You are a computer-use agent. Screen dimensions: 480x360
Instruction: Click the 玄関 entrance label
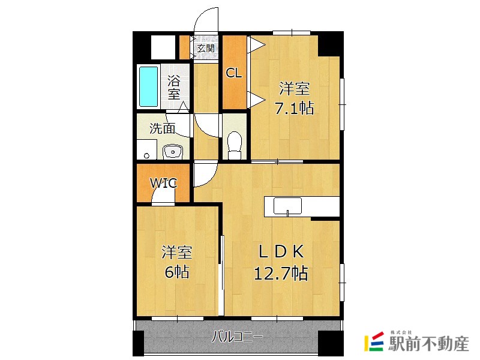coord(206,48)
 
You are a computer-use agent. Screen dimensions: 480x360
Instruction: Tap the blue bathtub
coord(149,86)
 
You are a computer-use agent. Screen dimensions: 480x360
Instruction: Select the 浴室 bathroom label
coord(174,88)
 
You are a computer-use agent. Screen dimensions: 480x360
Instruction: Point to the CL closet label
coord(234,73)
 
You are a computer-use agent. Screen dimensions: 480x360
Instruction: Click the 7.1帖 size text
coord(295,108)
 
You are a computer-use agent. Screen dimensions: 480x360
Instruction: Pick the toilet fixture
coord(235,145)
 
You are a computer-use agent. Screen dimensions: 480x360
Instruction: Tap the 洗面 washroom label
coord(162,128)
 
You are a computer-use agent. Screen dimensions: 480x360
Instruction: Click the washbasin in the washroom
coord(173,152)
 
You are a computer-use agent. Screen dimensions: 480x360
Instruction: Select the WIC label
coord(163,183)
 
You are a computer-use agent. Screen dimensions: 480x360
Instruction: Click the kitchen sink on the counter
coord(287,206)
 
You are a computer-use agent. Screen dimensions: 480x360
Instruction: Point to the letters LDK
coord(281,251)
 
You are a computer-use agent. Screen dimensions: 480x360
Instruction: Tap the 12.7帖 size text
coord(281,273)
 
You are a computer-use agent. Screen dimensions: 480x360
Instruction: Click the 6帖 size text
coord(177,272)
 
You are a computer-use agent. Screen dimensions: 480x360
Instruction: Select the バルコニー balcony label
coord(238,337)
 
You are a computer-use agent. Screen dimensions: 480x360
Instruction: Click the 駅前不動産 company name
coord(428,343)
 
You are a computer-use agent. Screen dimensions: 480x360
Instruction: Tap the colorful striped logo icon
coord(374,341)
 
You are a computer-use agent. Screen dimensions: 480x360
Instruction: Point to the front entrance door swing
coord(206,20)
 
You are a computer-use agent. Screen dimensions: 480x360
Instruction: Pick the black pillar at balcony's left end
coord(139,341)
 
